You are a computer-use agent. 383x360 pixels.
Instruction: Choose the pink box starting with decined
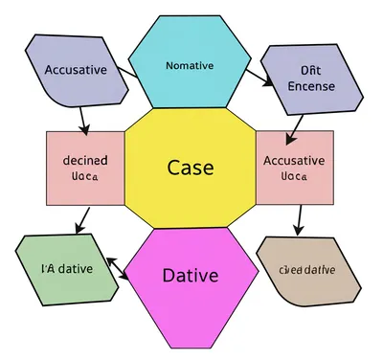84,168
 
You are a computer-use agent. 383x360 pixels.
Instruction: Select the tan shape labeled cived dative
308,270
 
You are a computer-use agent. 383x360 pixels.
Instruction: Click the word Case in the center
190,168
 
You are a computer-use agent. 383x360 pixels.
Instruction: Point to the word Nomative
191,65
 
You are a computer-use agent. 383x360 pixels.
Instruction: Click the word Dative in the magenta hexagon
190,276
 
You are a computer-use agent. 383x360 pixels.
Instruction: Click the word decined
84,159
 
